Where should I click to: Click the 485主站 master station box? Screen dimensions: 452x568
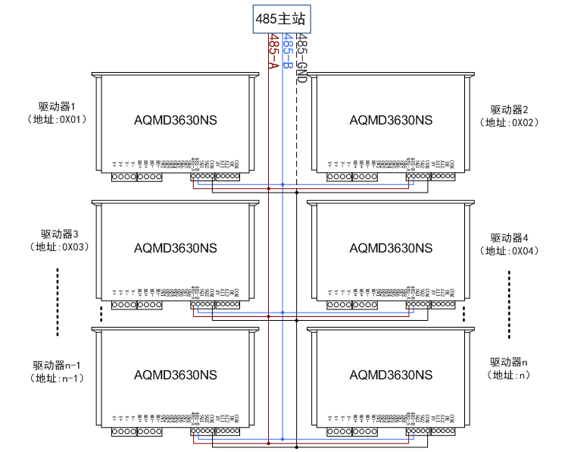(280, 19)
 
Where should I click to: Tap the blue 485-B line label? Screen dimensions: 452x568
(287, 52)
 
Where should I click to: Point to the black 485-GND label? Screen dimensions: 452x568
(301, 58)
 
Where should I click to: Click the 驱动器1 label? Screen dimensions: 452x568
(58, 107)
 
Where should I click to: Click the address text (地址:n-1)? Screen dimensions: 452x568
(58, 378)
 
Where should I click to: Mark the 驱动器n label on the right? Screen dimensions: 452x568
(508, 362)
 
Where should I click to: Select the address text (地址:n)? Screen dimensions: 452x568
(508, 375)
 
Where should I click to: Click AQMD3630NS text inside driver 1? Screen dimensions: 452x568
(175, 120)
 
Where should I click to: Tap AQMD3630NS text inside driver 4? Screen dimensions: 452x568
(391, 247)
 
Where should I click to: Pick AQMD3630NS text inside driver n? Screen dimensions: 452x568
(391, 375)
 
